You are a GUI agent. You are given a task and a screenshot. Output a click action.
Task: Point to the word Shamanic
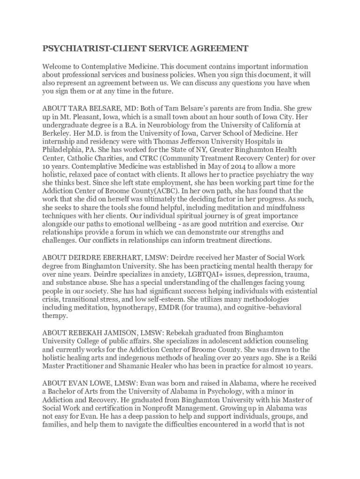128,366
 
